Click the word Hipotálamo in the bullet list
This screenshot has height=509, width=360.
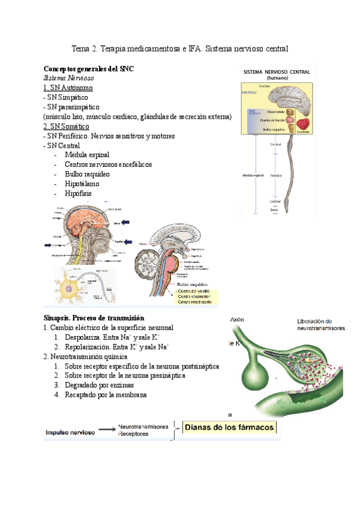point(82,184)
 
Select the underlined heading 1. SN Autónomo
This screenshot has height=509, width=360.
point(67,88)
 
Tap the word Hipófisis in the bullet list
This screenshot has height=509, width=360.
point(80,193)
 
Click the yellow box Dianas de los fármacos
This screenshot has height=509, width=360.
point(229,428)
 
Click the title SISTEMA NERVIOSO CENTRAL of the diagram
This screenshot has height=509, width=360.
point(276,71)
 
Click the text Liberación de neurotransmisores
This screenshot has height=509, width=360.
point(321,324)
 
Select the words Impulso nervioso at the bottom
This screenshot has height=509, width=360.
point(70,432)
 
